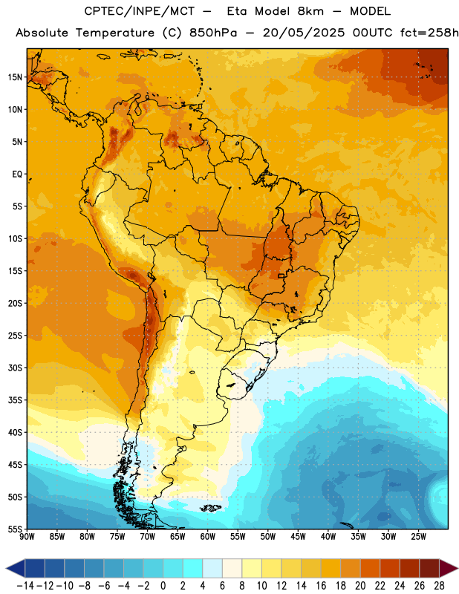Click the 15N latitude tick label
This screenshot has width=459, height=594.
pyautogui.click(x=15, y=77)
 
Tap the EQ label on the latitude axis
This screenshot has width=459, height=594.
pyautogui.click(x=17, y=174)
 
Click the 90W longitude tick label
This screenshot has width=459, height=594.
pyautogui.click(x=27, y=536)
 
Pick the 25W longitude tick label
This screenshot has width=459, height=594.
pyautogui.click(x=418, y=536)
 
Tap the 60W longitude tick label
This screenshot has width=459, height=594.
pyautogui.click(x=208, y=536)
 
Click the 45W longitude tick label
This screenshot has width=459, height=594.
pyautogui.click(x=298, y=536)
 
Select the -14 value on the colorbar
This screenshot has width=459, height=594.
pyautogui.click(x=25, y=586)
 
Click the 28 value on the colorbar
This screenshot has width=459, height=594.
pyautogui.click(x=439, y=586)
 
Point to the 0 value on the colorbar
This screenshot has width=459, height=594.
pyautogui.click(x=163, y=586)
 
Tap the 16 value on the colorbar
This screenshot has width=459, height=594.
pyautogui.click(x=321, y=586)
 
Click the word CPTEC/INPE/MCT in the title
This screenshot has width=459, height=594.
pyautogui.click(x=140, y=11)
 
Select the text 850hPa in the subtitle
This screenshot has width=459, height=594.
pyautogui.click(x=213, y=33)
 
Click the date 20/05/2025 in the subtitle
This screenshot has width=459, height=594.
pyautogui.click(x=304, y=33)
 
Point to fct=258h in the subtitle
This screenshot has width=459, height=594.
pyautogui.click(x=429, y=33)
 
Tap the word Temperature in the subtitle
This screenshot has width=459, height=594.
pyautogui.click(x=115, y=33)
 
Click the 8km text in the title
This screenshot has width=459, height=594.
pyautogui.click(x=310, y=11)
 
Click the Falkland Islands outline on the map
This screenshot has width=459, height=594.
pyautogui.click(x=211, y=508)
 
